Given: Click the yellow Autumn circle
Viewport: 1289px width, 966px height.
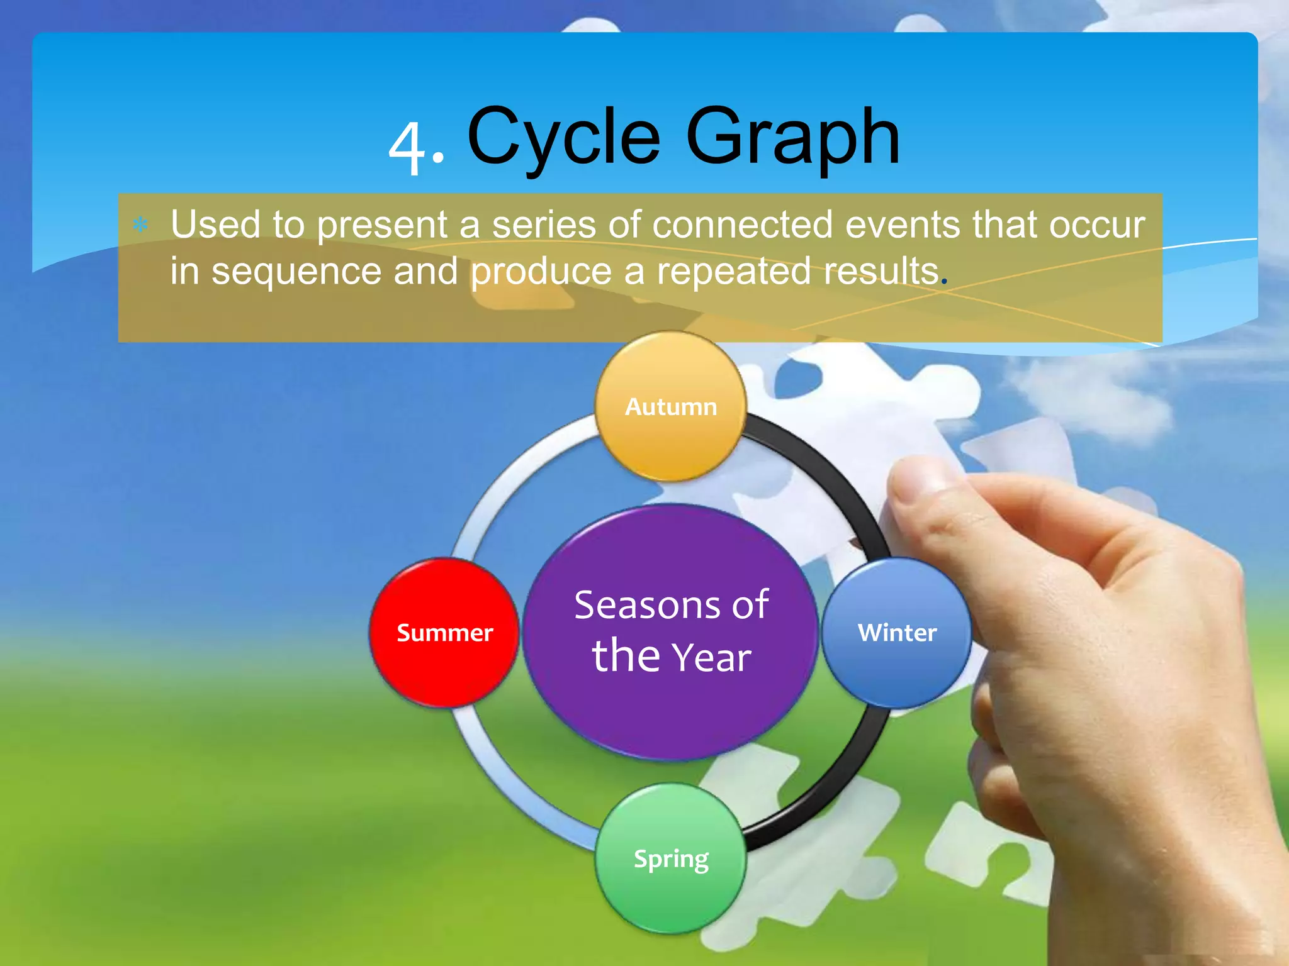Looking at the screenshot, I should pos(671,407).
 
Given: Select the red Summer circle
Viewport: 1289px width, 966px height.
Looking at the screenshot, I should pos(444,633).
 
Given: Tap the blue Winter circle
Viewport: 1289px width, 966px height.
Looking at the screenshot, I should pos(897,633).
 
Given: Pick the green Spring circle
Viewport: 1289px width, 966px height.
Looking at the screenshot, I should pos(671,858).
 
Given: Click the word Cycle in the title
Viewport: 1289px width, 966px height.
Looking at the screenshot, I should pos(563,137).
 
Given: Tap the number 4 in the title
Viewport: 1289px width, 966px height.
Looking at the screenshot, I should pos(408,148).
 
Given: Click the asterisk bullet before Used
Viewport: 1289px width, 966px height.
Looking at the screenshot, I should pos(140,225).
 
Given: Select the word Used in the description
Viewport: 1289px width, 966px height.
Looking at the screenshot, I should pos(215,225).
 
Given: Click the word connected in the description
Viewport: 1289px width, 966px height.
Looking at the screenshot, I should pos(742,225).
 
